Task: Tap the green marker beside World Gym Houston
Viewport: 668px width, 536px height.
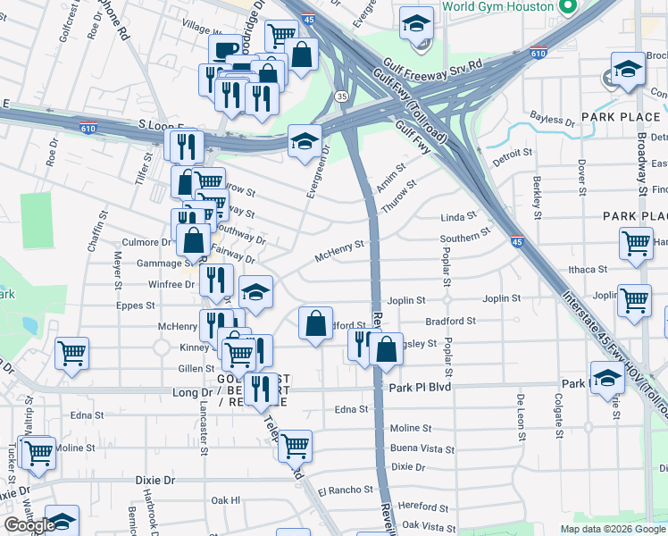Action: point(564,7)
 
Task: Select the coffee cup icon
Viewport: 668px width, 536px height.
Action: point(224,49)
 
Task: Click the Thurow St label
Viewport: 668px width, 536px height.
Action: point(399,196)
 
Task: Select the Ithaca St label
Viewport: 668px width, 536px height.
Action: point(588,269)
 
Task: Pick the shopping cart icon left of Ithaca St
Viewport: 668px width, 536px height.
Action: point(635,242)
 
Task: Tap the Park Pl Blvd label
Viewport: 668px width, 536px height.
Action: point(420,388)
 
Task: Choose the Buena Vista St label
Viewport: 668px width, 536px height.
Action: point(422,448)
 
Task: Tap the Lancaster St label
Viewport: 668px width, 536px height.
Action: point(204,433)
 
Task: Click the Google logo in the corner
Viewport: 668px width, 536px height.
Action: point(29,525)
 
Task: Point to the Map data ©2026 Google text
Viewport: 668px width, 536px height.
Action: point(612,529)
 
